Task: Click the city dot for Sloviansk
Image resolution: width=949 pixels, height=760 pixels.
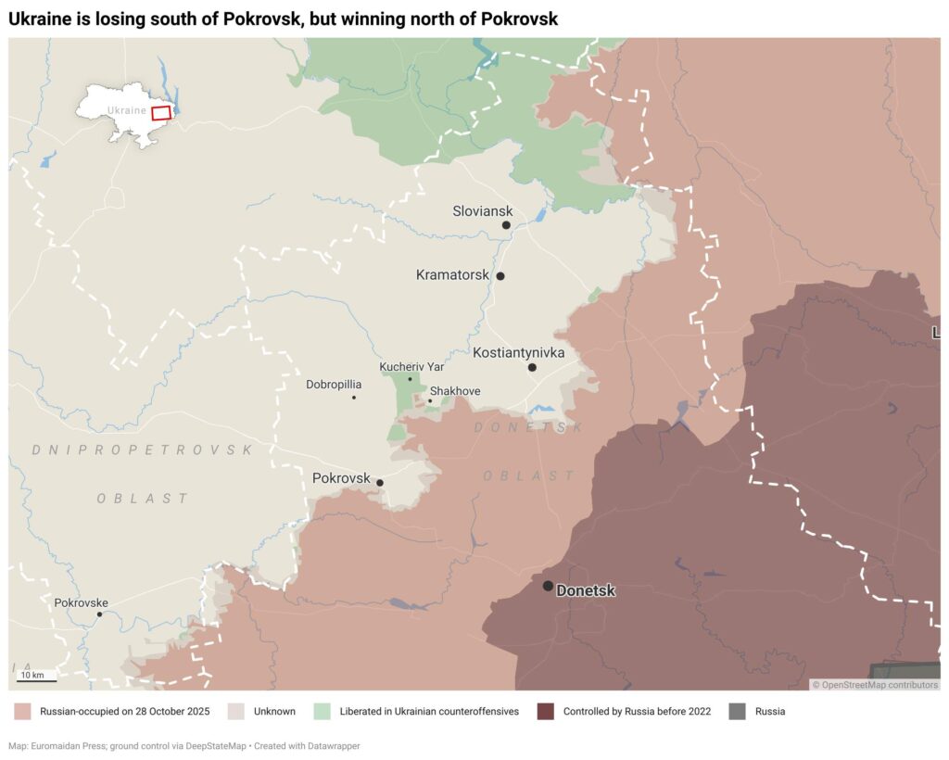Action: [506, 225]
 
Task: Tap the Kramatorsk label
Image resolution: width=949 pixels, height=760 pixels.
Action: [452, 275]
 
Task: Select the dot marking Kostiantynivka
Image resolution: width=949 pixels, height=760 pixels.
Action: [532, 368]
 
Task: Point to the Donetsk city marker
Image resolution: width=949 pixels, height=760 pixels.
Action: [548, 586]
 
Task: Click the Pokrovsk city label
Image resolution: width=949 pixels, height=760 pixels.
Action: [341, 479]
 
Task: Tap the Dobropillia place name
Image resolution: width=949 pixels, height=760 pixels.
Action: [334, 384]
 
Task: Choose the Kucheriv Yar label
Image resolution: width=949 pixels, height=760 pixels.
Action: [411, 367]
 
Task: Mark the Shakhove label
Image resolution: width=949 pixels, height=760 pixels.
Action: [455, 391]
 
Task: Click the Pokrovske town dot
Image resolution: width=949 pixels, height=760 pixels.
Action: [100, 614]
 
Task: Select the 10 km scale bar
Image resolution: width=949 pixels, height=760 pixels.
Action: [36, 681]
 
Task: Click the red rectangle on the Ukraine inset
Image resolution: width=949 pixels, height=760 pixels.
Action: [161, 112]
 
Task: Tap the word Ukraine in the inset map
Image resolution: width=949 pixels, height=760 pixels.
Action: [127, 110]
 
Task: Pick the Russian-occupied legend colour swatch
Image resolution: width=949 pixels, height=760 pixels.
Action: [23, 712]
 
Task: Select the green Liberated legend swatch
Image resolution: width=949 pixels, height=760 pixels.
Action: [323, 712]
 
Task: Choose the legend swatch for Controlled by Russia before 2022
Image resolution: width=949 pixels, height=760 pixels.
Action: [546, 712]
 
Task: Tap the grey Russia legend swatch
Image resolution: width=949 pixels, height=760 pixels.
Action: [737, 712]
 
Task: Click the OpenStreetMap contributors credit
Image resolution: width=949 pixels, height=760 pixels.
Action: [875, 685]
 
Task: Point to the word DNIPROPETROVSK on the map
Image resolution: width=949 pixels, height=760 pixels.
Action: [142, 450]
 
